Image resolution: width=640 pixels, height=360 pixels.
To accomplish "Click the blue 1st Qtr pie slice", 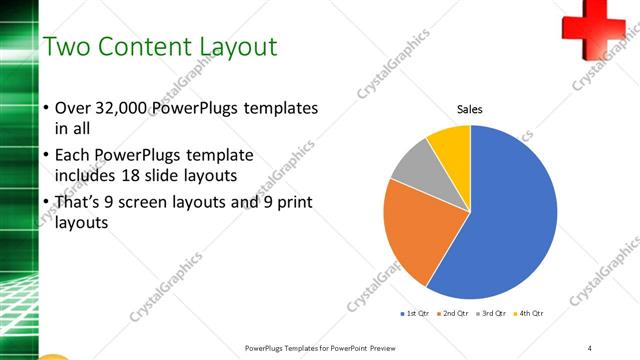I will (x=510, y=220).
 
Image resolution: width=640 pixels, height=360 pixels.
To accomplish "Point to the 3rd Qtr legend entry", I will (x=492, y=314).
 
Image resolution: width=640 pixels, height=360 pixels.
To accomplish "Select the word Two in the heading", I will (x=68, y=47).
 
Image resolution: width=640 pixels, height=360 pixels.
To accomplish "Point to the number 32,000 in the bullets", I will (x=127, y=107).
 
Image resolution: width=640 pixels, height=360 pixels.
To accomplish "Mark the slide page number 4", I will (x=589, y=347).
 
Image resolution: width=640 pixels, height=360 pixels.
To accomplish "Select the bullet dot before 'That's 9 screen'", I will (x=46, y=203).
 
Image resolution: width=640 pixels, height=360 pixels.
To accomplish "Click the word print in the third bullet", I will (x=297, y=203).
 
